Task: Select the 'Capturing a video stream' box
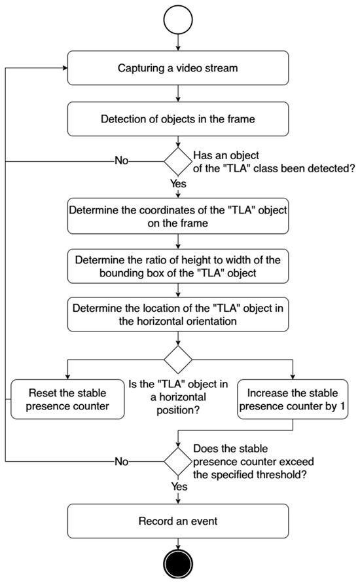(x=178, y=68)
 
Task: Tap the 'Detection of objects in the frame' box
(x=178, y=119)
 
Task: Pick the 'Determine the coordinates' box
(x=178, y=216)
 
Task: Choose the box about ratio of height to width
(x=178, y=266)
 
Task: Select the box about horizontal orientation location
(x=178, y=314)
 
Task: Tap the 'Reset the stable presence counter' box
(x=67, y=400)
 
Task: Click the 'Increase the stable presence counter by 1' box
(x=293, y=400)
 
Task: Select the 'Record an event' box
(x=178, y=521)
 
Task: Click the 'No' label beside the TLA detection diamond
(x=122, y=160)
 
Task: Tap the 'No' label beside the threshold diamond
(x=122, y=461)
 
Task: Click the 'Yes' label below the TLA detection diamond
(x=178, y=183)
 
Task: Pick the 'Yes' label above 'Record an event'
(x=179, y=486)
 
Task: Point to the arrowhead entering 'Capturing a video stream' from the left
(x=65, y=68)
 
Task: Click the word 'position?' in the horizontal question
(x=178, y=410)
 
